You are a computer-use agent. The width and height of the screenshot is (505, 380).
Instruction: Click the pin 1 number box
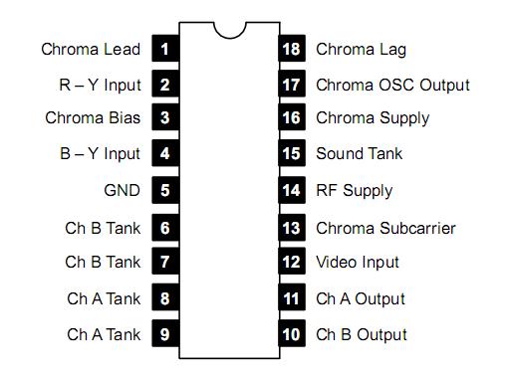164,48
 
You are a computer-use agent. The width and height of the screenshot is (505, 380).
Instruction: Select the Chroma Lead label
91,48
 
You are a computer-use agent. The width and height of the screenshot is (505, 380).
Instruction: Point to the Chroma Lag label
361,48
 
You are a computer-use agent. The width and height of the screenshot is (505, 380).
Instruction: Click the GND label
122,190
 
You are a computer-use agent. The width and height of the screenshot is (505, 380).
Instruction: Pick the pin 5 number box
164,190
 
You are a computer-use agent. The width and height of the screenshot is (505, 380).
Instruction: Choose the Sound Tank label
360,154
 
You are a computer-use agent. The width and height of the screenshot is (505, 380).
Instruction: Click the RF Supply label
355,190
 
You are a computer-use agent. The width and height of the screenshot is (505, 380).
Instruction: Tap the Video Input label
358,263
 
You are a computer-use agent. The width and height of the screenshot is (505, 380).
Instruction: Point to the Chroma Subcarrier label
385,228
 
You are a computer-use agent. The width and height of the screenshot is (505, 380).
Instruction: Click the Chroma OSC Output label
392,84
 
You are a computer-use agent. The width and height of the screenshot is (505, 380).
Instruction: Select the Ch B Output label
362,334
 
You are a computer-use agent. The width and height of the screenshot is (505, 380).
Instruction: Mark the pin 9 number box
164,334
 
